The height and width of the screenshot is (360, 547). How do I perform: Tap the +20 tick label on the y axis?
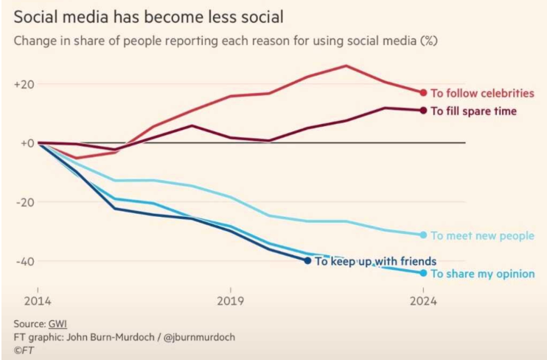[24, 84]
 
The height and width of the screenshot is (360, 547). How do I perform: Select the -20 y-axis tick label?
[25, 201]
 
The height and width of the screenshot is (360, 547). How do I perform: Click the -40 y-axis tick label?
[25, 260]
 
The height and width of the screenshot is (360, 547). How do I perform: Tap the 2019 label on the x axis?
[231, 301]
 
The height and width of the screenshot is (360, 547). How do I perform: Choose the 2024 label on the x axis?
[423, 301]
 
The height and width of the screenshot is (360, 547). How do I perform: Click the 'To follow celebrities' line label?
[482, 93]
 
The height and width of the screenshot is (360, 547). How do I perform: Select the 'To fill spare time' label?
[473, 111]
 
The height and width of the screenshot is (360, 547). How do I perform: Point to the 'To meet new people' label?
[482, 235]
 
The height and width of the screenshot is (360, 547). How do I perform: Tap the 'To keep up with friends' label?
[375, 260]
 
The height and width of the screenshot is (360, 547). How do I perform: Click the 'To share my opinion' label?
[482, 274]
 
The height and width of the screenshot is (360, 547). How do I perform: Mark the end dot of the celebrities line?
[423, 93]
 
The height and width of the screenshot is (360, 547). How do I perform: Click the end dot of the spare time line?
[423, 111]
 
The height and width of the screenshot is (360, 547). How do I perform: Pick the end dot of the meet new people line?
[423, 235]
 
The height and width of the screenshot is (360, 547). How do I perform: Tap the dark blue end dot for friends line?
[307, 260]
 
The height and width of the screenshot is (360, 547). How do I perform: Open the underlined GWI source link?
[58, 324]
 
